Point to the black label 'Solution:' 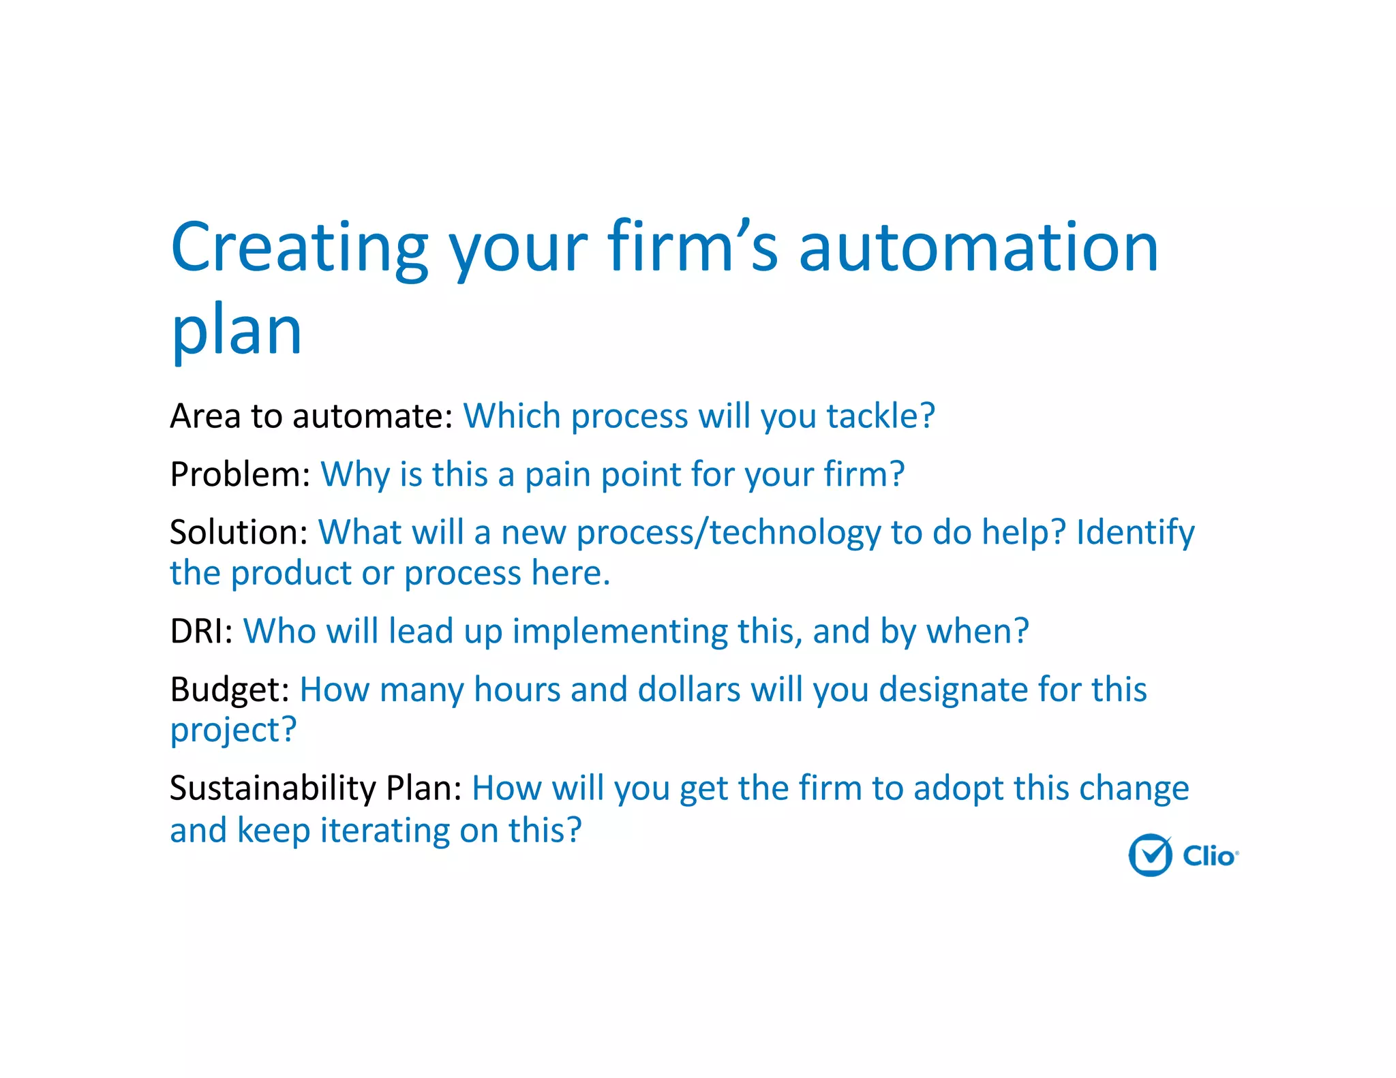239,532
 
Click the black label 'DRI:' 201,631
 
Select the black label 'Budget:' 230,690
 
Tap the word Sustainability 273,788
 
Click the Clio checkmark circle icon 1150,855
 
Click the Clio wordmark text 1209,856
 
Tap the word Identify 1135,532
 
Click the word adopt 958,788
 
